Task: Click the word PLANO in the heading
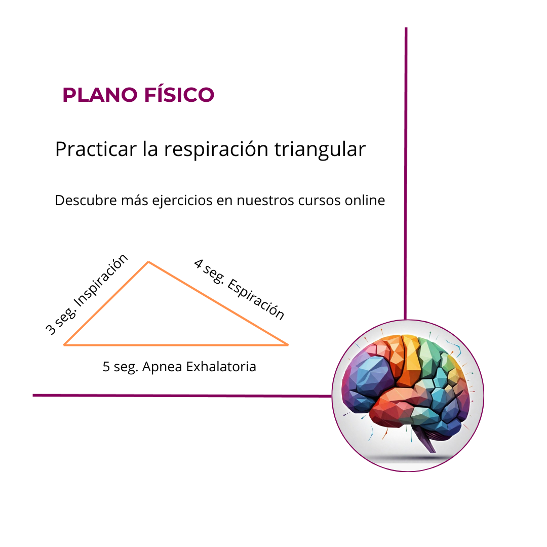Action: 100,95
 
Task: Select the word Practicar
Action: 96,149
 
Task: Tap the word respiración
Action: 216,150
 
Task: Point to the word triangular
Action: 320,150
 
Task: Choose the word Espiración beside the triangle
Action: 256,299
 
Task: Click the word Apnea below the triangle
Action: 162,367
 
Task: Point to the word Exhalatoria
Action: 221,367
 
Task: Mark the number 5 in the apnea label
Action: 106,367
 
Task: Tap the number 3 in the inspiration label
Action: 51,330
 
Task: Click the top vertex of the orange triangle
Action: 148,262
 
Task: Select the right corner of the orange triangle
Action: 288,345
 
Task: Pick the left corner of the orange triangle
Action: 64,345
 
